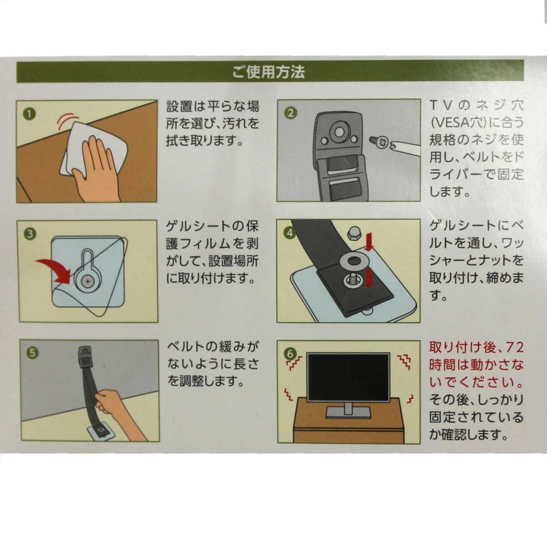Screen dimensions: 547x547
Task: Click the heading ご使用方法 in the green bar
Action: (268, 72)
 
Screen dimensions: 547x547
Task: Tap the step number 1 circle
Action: (29, 114)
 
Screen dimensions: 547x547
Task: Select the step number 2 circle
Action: (290, 113)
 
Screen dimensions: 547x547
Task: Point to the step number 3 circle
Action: (30, 234)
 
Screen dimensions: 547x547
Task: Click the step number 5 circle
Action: (32, 353)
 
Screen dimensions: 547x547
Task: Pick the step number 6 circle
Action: (289, 354)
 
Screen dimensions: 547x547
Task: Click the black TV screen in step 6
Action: (348, 378)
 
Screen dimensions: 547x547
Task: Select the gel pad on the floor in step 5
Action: (100, 432)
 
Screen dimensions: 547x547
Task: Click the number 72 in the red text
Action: (514, 348)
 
